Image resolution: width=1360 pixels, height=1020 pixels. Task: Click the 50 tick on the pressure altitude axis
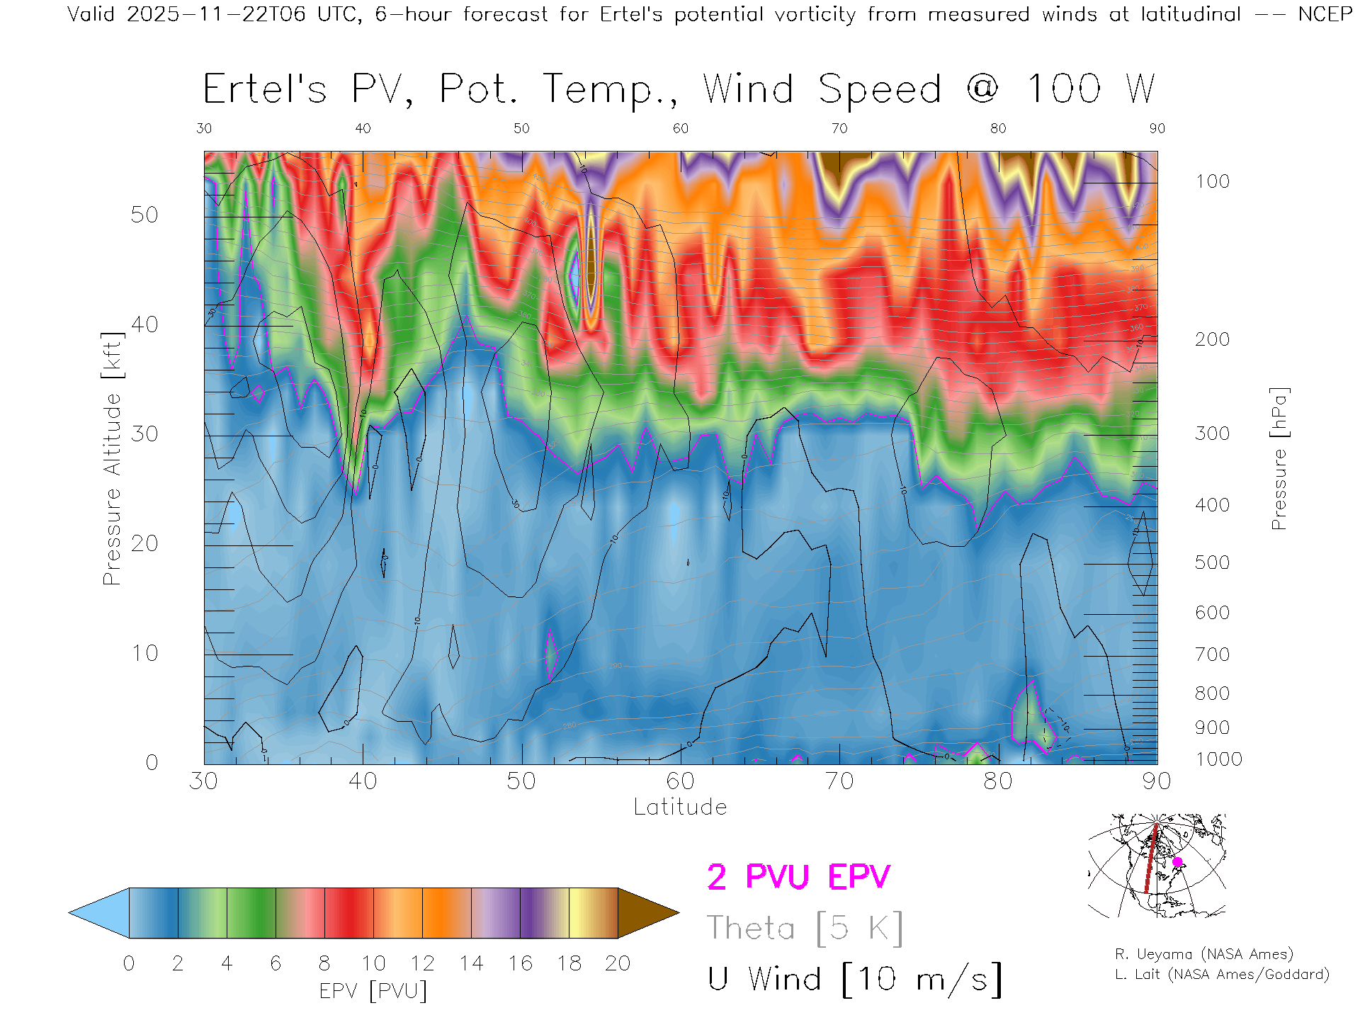pyautogui.click(x=144, y=215)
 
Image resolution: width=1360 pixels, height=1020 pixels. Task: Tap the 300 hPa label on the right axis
pyautogui.click(x=1212, y=433)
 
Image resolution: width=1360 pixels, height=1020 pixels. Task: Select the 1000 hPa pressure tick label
pyautogui.click(x=1218, y=759)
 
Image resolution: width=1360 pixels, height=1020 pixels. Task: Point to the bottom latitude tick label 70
pyautogui.click(x=839, y=781)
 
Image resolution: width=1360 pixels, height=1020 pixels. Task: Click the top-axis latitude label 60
pyautogui.click(x=680, y=128)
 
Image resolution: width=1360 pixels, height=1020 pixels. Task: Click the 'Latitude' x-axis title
pyautogui.click(x=680, y=807)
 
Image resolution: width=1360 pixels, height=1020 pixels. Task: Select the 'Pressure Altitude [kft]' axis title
pyautogui.click(x=112, y=458)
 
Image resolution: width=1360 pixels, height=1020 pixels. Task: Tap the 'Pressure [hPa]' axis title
pyautogui.click(x=1279, y=458)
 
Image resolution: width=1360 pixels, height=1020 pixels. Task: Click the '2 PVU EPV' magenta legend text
pyautogui.click(x=798, y=877)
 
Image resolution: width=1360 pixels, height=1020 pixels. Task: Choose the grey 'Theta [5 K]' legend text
pyautogui.click(x=805, y=928)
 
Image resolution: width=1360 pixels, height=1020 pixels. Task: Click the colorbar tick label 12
pyautogui.click(x=422, y=963)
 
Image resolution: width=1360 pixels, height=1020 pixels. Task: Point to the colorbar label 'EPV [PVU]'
pyautogui.click(x=373, y=991)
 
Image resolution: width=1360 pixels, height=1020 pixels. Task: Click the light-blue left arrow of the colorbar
pyautogui.click(x=99, y=913)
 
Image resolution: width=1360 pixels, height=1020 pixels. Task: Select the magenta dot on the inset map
pyautogui.click(x=1177, y=862)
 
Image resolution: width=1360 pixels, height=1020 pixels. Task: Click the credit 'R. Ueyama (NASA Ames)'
pyautogui.click(x=1203, y=954)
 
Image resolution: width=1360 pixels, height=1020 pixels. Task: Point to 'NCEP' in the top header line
pyautogui.click(x=1325, y=14)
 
